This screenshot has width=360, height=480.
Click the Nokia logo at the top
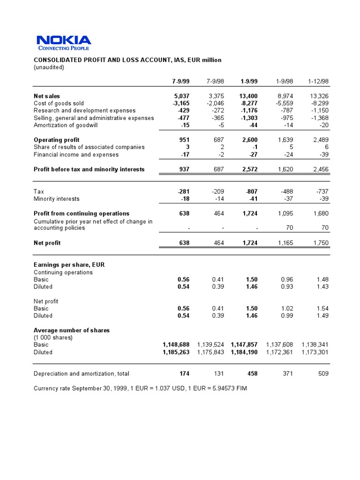click(64, 42)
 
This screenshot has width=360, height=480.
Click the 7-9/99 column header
click(180, 81)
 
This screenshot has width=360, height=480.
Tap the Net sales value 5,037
click(181, 96)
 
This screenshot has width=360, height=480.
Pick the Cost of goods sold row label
click(59, 103)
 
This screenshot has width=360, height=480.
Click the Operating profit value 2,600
click(249, 140)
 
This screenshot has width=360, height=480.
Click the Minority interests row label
click(57, 199)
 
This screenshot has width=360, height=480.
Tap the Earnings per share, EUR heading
click(69, 264)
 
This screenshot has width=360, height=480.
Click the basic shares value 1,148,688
click(176, 345)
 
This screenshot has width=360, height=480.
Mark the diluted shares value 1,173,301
click(315, 352)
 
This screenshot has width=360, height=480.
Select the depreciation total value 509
click(323, 374)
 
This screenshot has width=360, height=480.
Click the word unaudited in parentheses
click(49, 67)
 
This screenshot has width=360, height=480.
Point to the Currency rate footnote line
click(140, 389)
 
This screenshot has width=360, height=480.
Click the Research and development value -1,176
click(247, 111)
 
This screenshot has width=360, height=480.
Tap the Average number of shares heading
click(72, 330)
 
